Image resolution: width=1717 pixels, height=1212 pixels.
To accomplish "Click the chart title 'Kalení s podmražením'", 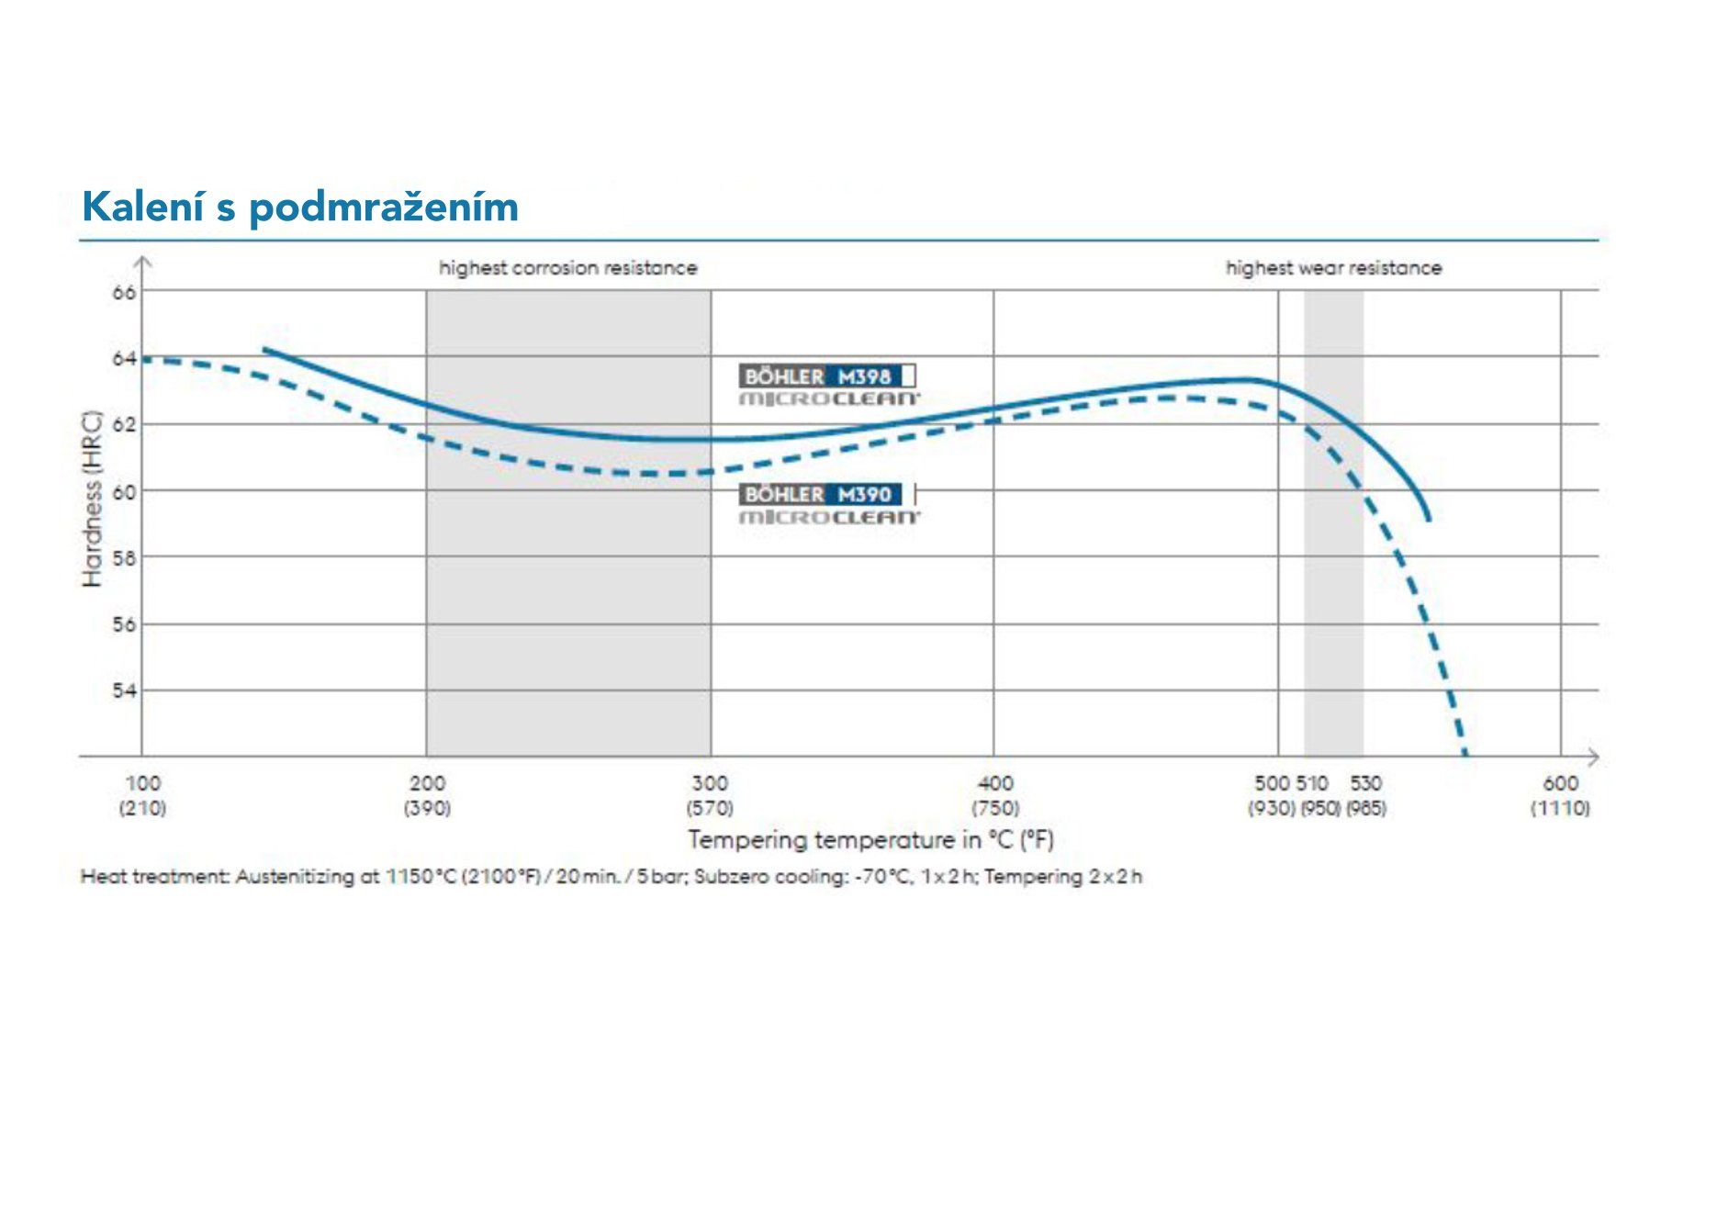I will point(300,207).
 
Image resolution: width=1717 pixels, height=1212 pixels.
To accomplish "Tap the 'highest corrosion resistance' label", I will point(567,268).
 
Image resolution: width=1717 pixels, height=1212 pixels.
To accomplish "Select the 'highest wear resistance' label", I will point(1333,268).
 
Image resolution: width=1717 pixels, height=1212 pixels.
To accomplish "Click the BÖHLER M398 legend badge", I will point(826,376).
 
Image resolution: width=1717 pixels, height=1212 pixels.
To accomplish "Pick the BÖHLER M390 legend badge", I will point(826,495).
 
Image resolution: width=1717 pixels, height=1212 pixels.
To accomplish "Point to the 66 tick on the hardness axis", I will point(124,293).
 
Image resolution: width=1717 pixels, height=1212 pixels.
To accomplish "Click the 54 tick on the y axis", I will point(124,690).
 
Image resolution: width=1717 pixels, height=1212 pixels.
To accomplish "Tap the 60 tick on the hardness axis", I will point(124,492).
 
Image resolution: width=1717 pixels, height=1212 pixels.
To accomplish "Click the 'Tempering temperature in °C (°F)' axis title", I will point(870,839).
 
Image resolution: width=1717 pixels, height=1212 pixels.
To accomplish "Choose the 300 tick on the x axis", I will point(710,783).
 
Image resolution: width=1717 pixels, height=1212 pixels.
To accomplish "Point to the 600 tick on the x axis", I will point(1560,783).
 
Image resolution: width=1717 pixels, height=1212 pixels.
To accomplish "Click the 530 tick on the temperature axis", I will point(1365,783).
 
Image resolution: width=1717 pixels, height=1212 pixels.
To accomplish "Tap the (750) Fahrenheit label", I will point(995,808).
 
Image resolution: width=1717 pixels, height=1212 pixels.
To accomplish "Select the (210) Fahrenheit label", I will point(142,808).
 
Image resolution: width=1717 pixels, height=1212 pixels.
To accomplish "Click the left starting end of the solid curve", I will point(265,350).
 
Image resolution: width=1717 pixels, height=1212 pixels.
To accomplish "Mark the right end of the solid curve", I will point(1429,520).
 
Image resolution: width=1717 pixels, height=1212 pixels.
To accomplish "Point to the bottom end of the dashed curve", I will point(1465,754).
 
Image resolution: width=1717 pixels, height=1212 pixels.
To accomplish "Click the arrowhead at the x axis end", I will point(1594,757).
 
